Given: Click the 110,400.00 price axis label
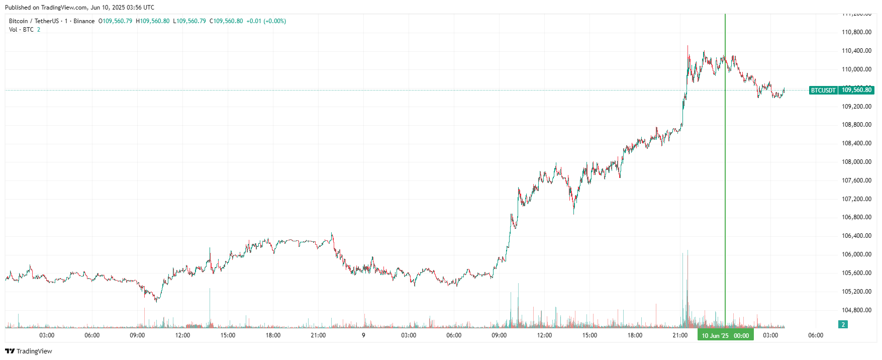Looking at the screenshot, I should pyautogui.click(x=856, y=51).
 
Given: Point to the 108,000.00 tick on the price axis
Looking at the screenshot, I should pyautogui.click(x=856, y=162).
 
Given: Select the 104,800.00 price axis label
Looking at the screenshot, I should pyautogui.click(x=856, y=310).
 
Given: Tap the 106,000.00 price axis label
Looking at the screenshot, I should pyautogui.click(x=856, y=254).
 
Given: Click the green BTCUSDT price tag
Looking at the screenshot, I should pyautogui.click(x=823, y=91).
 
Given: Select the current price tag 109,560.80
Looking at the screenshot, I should pyautogui.click(x=856, y=91).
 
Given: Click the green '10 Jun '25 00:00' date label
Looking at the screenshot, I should pyautogui.click(x=725, y=335).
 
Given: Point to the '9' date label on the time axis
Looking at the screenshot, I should pyautogui.click(x=363, y=335).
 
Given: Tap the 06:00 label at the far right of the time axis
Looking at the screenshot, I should pyautogui.click(x=815, y=335).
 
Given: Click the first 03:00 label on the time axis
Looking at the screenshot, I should pyautogui.click(x=47, y=335).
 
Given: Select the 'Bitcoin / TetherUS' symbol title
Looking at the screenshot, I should pyautogui.click(x=34, y=21).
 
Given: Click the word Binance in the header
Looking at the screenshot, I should pyautogui.click(x=84, y=21).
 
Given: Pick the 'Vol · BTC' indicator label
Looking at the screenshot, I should pyautogui.click(x=21, y=30).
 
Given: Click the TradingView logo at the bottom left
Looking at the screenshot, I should pyautogui.click(x=29, y=351).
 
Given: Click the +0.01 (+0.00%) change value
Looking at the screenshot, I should pyautogui.click(x=266, y=21).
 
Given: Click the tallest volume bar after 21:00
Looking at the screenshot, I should pyautogui.click(x=688, y=289).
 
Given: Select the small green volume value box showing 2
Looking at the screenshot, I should pyautogui.click(x=843, y=325).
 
